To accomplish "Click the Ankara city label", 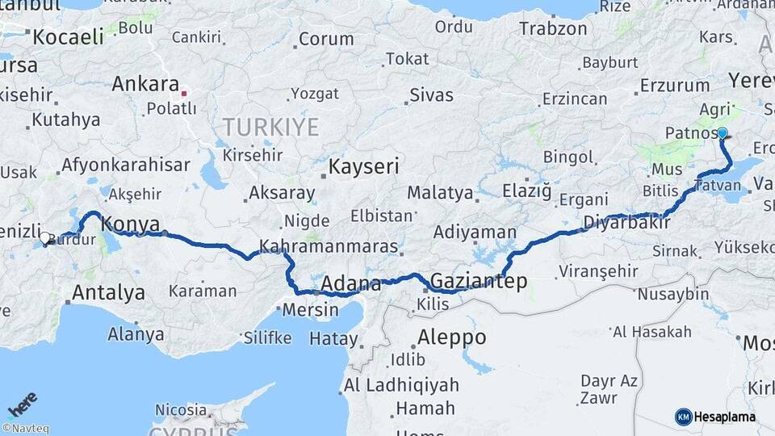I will pyautogui.click(x=145, y=83).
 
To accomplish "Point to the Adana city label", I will pyautogui.click(x=350, y=283).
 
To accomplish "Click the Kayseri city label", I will pyautogui.click(x=363, y=167).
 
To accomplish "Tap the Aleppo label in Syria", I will pyautogui.click(x=451, y=337).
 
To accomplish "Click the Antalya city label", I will pyautogui.click(x=108, y=292).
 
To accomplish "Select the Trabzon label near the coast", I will pyautogui.click(x=553, y=28).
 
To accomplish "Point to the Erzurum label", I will pyautogui.click(x=675, y=85).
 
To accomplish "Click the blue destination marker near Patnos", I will pyautogui.click(x=723, y=133).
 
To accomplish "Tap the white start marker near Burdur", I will pyautogui.click(x=46, y=239).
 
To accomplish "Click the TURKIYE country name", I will pyautogui.click(x=270, y=127).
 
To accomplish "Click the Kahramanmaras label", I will pyautogui.click(x=329, y=245).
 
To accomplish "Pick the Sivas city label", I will pyautogui.click(x=431, y=94).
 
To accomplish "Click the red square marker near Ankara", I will pyautogui.click(x=184, y=93).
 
